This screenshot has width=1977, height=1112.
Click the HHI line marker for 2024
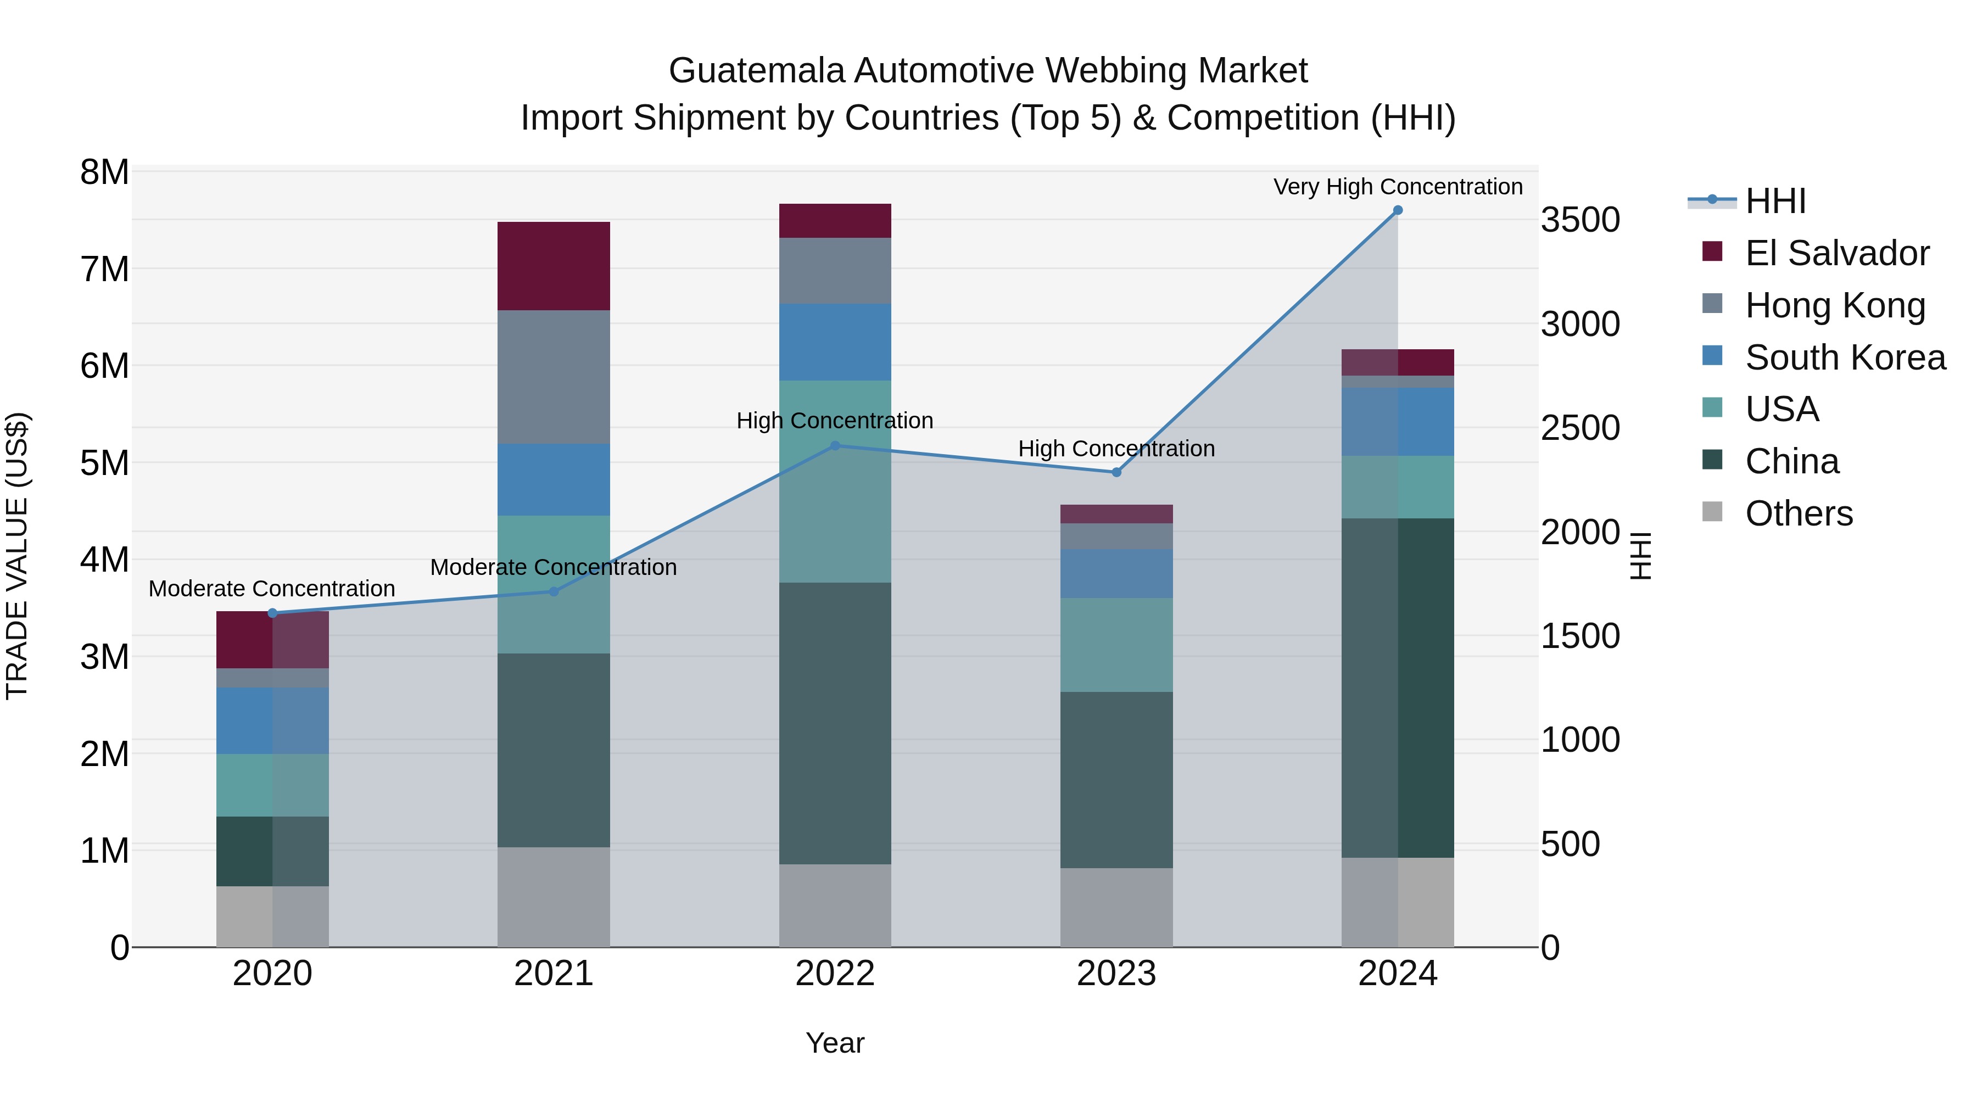(x=1398, y=210)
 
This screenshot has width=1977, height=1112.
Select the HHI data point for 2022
(x=835, y=446)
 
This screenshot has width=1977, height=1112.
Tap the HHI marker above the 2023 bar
(x=1116, y=473)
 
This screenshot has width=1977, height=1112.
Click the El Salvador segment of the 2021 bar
(x=554, y=266)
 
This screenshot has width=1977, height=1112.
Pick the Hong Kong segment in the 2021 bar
(x=554, y=377)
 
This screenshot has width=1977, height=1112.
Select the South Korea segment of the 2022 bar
(x=835, y=342)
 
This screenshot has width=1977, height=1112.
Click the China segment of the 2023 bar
(x=1116, y=780)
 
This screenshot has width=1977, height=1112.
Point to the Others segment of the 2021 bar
(x=554, y=897)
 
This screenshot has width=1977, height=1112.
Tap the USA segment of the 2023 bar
(x=1116, y=645)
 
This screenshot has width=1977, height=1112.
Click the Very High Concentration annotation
(x=1398, y=187)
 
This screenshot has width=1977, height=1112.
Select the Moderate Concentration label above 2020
(x=272, y=589)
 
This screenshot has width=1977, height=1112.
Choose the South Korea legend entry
(x=1845, y=357)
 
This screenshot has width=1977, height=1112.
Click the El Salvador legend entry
(x=1836, y=253)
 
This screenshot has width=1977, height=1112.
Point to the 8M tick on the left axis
(x=104, y=172)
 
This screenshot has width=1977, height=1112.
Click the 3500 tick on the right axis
(x=1580, y=220)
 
